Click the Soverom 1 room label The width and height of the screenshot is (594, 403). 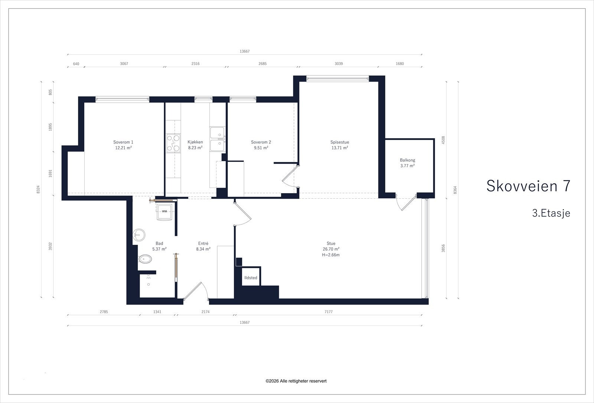[x=123, y=145]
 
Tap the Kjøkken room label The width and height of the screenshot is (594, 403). [x=195, y=145]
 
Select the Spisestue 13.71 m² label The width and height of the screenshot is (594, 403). [x=340, y=145]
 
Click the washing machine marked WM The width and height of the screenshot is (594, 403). [x=164, y=212]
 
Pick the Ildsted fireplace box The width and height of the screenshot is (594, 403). [x=251, y=276]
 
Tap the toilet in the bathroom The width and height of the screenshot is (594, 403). [x=145, y=259]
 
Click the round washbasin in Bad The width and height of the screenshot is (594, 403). [x=139, y=235]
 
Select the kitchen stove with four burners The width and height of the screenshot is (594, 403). [x=173, y=143]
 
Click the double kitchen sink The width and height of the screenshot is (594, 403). [x=217, y=139]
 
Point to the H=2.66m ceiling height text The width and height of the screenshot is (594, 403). [x=331, y=255]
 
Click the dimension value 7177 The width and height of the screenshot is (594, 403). [x=329, y=312]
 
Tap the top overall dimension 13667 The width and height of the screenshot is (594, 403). [x=245, y=51]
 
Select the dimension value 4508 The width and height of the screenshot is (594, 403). [x=443, y=140]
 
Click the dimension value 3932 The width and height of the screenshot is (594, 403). [x=50, y=246]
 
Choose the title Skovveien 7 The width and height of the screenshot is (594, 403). [x=528, y=186]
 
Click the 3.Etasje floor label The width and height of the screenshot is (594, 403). [x=551, y=213]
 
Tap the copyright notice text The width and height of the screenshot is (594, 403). [x=296, y=381]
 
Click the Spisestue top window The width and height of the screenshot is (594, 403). [x=337, y=78]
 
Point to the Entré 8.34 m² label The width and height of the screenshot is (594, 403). [x=203, y=246]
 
